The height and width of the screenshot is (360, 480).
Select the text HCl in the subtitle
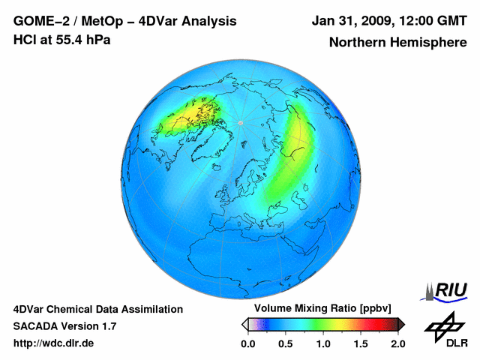(x=24, y=40)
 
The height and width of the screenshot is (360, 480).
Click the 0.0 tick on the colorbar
(x=247, y=343)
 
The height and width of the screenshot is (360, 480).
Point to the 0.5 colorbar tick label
(x=285, y=343)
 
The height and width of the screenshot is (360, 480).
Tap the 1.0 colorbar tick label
(x=323, y=343)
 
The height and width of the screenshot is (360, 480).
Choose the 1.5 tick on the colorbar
(x=361, y=343)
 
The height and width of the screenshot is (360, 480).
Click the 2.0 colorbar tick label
(x=397, y=343)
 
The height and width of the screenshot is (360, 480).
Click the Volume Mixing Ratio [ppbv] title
(x=320, y=308)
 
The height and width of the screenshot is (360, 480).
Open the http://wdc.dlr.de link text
(x=54, y=343)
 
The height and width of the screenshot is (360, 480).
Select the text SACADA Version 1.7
(x=64, y=326)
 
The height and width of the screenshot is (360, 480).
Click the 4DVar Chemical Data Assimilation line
(x=97, y=309)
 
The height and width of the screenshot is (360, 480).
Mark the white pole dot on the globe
(x=240, y=122)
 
